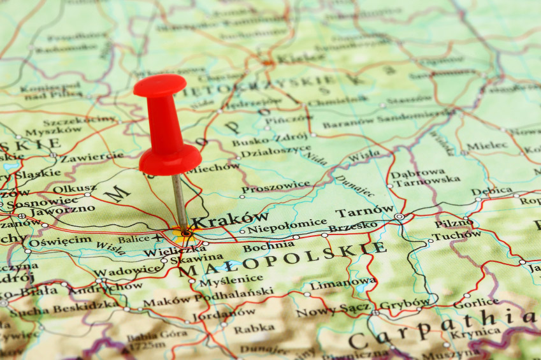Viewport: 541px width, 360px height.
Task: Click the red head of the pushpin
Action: pos(167,127)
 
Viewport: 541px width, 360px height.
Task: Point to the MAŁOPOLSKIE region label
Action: pos(282,259)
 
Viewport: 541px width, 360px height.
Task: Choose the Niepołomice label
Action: pos(278,227)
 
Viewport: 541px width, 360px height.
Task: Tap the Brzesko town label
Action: pos(353,226)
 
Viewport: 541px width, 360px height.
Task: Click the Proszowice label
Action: pos(275,188)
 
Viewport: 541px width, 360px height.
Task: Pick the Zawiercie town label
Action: pos(92,155)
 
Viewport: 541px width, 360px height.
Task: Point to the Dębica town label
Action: pos(491,191)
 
